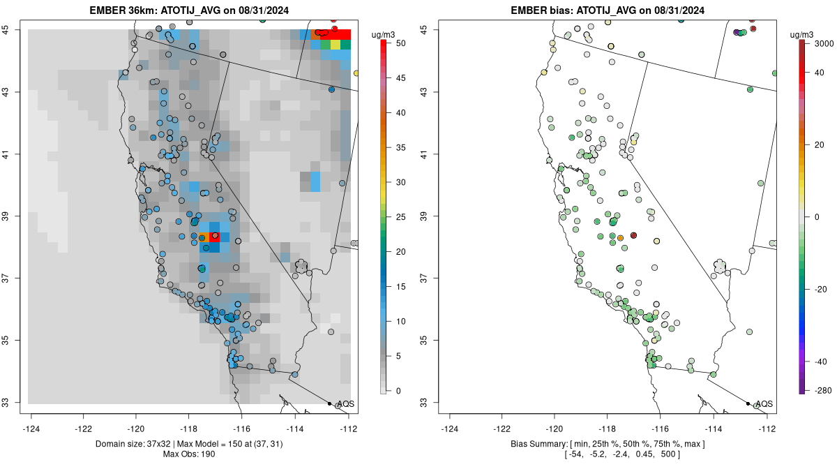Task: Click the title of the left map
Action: point(189,10)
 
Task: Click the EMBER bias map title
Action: point(608,10)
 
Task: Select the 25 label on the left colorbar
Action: point(401,217)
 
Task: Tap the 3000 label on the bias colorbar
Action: point(824,43)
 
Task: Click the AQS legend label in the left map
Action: point(346,404)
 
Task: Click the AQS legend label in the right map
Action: point(764,404)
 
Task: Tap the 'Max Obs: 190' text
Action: point(189,454)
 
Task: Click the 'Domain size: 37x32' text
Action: point(133,445)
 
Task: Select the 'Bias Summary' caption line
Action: point(608,445)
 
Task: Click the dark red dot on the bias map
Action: point(633,236)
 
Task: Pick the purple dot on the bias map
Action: point(737,33)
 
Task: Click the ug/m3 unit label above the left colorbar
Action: point(383,35)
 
